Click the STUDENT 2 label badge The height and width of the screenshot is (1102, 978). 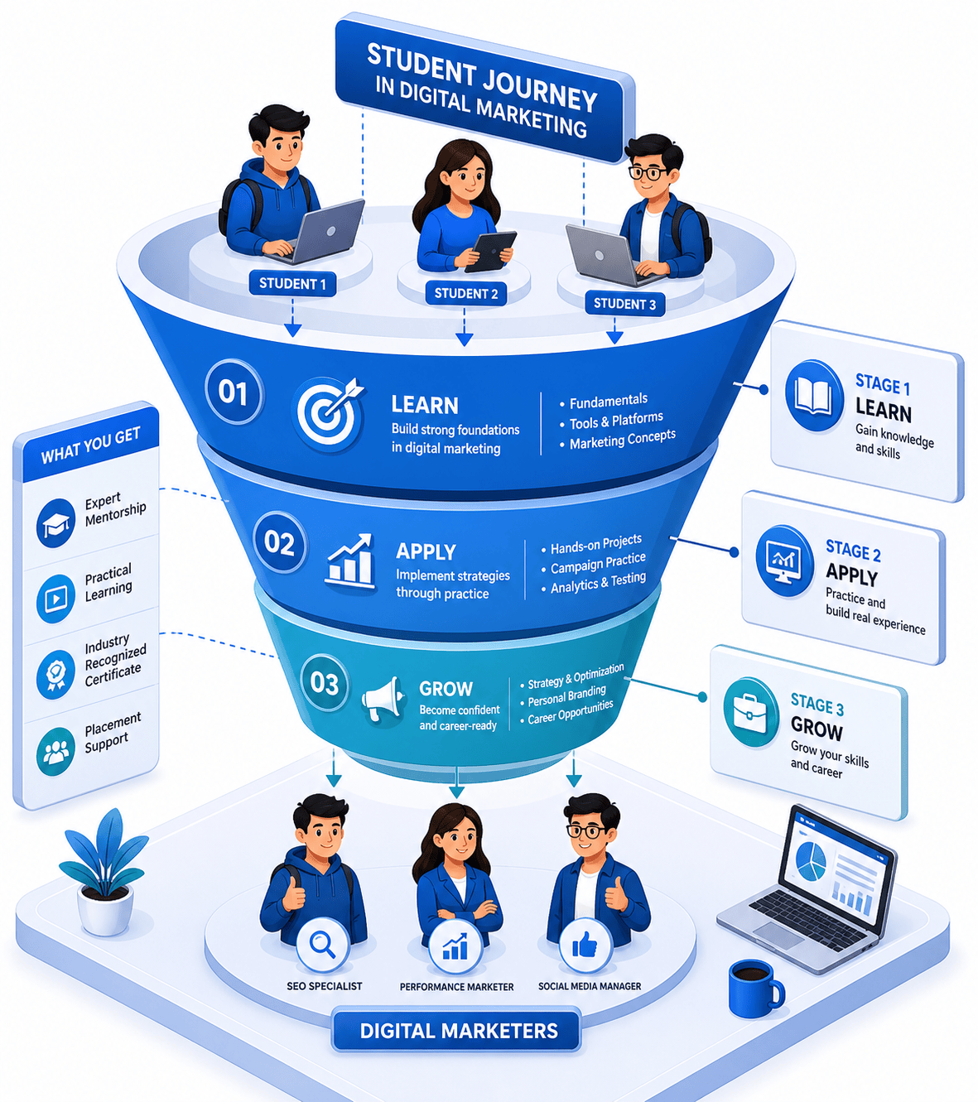465,294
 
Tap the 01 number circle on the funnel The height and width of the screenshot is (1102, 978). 234,392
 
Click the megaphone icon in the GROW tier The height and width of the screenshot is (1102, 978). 383,699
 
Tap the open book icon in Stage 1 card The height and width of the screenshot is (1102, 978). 813,396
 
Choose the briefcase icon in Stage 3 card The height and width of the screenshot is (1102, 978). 750,711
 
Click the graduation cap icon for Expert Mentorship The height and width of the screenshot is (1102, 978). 56,523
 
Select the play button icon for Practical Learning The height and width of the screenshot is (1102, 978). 55,599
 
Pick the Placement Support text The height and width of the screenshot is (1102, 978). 113,732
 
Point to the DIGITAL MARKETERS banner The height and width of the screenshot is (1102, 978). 456,1031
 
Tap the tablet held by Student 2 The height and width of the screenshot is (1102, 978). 490,251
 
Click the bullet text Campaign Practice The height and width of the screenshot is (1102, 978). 598,564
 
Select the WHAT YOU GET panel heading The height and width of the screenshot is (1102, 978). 90,445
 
